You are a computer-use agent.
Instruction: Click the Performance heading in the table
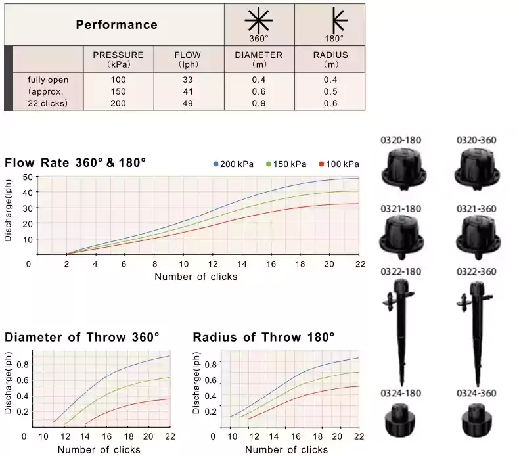[x=116, y=25]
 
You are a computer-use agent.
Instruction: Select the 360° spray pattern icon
[x=258, y=21]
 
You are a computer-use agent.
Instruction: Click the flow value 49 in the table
[x=188, y=103]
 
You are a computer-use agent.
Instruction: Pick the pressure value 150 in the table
[x=118, y=92]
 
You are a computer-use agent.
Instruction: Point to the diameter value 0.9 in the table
[x=258, y=103]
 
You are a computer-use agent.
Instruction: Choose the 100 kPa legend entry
[x=339, y=164]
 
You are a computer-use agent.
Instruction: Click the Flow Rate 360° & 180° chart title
[x=76, y=162]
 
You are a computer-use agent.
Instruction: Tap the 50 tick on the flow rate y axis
[x=28, y=177]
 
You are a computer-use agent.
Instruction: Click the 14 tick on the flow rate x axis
[x=243, y=264]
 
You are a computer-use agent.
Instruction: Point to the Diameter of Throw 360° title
[x=82, y=338]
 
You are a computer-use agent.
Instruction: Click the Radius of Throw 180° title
[x=263, y=338]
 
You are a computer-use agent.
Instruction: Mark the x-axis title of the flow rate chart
[x=196, y=277]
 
